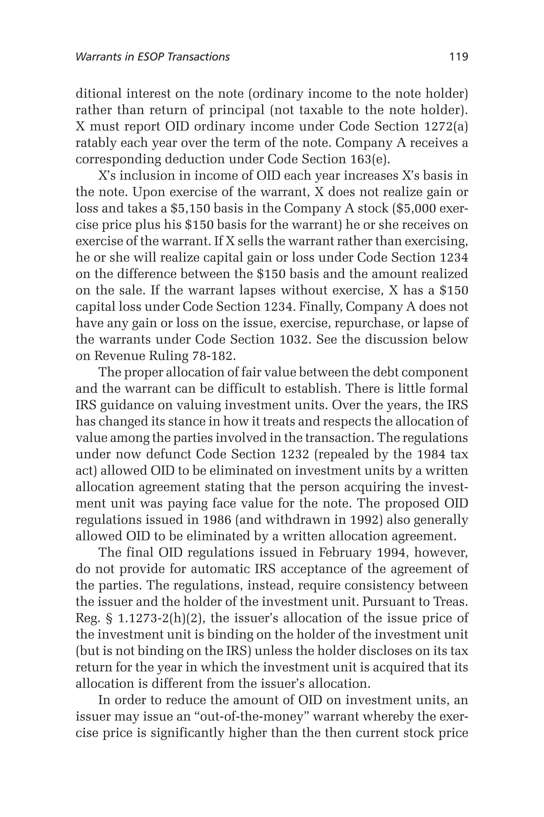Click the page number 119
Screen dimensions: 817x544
click(458, 57)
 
